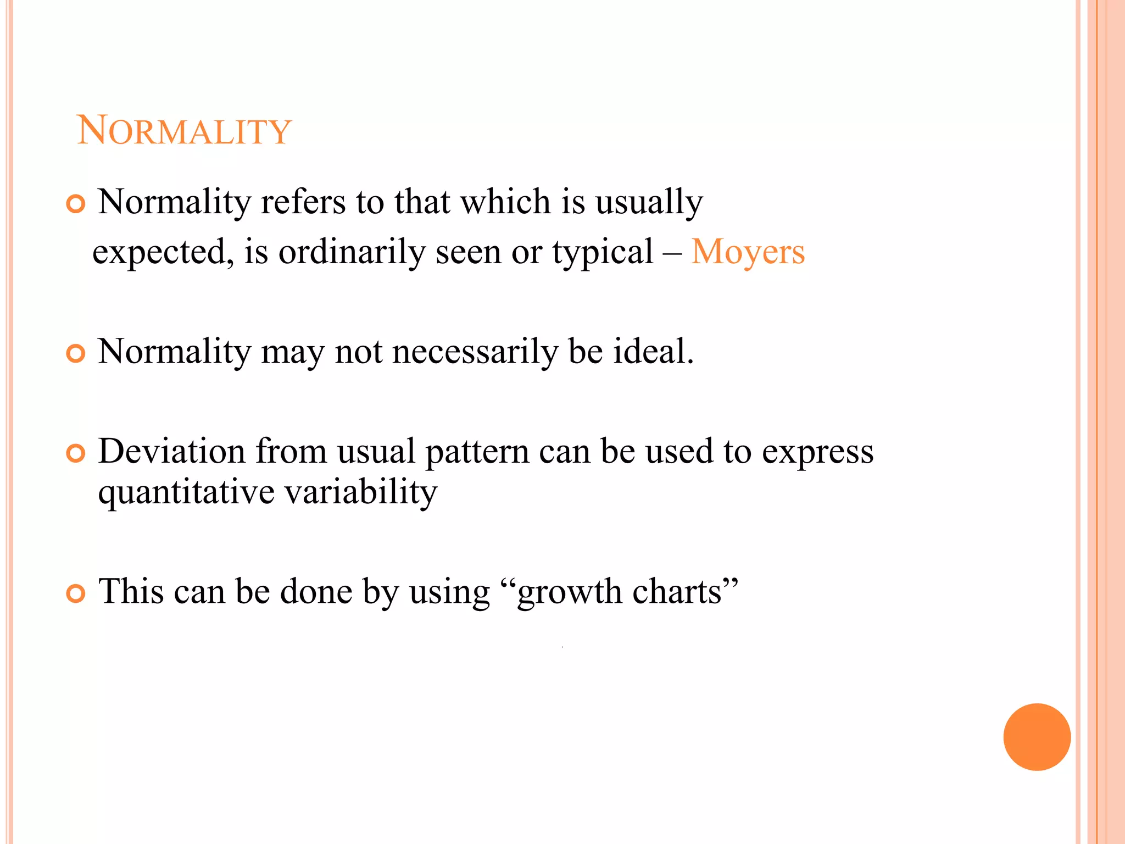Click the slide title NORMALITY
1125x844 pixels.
click(184, 131)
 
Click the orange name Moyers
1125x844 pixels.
click(748, 252)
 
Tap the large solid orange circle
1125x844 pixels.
click(1037, 737)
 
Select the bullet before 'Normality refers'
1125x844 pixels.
click(76, 204)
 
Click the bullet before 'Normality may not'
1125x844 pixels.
click(76, 353)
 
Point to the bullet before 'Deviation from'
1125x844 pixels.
click(76, 453)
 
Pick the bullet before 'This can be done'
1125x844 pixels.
click(76, 593)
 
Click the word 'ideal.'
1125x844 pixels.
click(654, 352)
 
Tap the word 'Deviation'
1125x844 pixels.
click(171, 452)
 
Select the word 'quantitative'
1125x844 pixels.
click(186, 492)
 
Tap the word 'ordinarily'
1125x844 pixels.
click(352, 252)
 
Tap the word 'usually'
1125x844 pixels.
click(649, 203)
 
